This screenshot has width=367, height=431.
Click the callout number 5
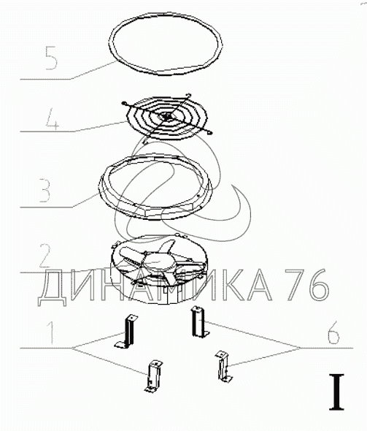pos(51,58)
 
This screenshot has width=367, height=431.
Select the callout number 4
pos(52,119)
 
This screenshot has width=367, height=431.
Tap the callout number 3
pos(45,190)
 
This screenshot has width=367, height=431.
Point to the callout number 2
pos(45,256)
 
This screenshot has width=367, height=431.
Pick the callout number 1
pos(50,332)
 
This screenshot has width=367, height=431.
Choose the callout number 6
pos(333,332)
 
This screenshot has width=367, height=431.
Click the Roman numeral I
pos(336,392)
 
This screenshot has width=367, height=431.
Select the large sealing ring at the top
pos(165,44)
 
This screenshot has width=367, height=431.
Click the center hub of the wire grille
pos(167,117)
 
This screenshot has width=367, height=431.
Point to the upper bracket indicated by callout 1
pos(126,332)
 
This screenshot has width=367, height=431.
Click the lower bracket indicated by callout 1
pos(152,376)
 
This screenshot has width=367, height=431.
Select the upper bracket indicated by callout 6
pos(200,321)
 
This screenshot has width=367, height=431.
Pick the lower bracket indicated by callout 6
pos(223,366)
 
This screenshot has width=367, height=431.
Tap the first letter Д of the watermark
pos(53,288)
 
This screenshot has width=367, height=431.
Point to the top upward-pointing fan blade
pos(167,246)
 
